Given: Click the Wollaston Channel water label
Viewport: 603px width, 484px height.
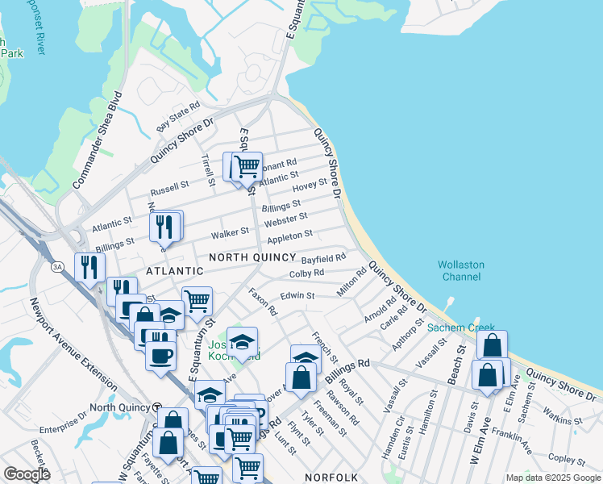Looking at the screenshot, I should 460,270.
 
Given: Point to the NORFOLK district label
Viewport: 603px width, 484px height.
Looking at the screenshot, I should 331,478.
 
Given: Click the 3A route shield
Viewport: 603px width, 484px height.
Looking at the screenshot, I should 57,266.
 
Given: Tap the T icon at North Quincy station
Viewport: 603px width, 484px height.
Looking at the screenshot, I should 158,408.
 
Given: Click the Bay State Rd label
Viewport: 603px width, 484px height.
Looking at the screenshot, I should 178,118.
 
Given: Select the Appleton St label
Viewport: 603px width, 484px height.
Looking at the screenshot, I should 289,236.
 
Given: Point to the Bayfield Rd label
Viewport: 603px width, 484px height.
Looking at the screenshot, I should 323,259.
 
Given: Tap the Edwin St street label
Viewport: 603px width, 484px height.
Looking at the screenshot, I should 297,296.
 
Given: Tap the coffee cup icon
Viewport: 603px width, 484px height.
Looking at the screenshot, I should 160,354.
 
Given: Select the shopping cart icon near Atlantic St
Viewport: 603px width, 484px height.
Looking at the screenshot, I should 247,167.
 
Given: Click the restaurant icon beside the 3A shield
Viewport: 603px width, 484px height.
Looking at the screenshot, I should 89,267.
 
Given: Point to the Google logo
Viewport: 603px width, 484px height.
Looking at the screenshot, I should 27,474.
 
